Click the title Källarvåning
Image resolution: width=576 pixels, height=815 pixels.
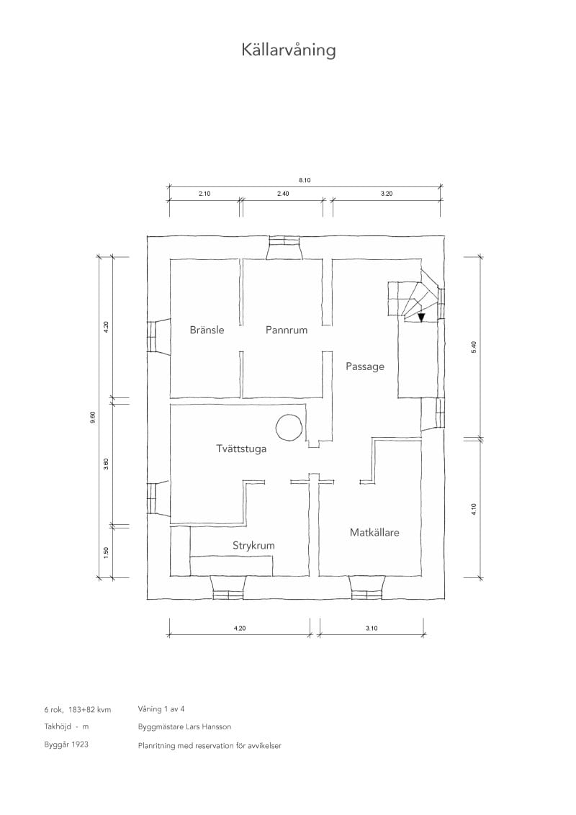pos(289,50)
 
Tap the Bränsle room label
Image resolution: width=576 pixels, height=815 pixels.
pos(207,330)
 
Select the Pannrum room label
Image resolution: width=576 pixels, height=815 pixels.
pos(287,330)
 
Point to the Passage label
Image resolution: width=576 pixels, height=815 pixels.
pos(365,366)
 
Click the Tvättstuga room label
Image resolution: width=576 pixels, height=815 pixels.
pos(241,449)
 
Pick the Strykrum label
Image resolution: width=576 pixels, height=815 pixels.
pos(253,546)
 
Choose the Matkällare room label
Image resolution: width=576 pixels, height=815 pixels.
pos(374,532)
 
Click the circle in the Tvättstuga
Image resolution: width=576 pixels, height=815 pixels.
pos(289,427)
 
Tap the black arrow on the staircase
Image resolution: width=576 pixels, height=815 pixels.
pos(421,318)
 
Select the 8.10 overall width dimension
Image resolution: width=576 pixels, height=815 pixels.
pos(305,181)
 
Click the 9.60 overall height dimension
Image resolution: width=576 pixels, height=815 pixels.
pos(93,417)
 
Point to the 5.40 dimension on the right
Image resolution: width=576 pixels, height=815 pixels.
pos(474,347)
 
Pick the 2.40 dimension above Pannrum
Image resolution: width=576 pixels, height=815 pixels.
pos(283,194)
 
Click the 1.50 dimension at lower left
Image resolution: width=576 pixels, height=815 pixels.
pos(106,552)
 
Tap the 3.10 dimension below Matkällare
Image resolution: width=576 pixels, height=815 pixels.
pos(372,628)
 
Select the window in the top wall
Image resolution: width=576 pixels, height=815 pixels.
pos(284,248)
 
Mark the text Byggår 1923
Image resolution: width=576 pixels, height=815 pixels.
pos(66,745)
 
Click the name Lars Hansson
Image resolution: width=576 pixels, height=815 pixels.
pos(210,726)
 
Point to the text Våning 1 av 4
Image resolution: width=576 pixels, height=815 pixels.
pos(161,709)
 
